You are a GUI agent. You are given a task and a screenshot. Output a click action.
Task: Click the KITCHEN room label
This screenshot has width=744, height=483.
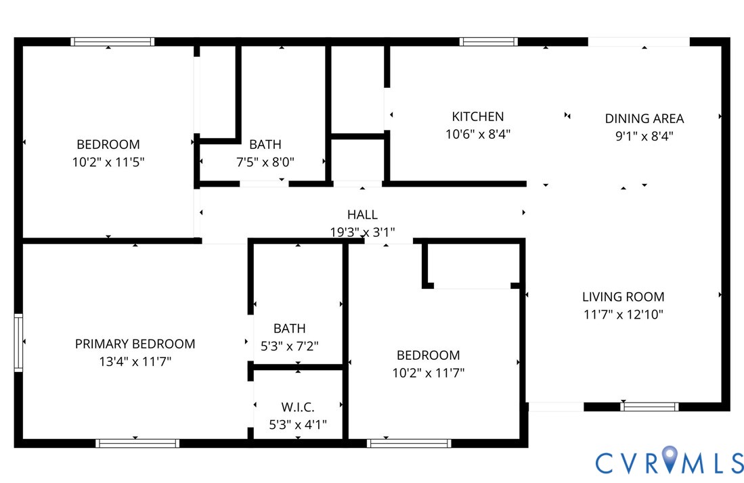point(477,116)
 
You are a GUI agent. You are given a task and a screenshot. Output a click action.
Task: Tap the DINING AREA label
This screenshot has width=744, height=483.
point(644,118)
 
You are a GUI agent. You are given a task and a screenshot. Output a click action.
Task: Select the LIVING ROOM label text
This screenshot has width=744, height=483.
point(623,296)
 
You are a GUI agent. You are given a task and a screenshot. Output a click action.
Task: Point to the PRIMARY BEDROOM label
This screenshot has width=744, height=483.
point(135,344)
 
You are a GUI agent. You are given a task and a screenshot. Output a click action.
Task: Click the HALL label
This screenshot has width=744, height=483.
point(362,214)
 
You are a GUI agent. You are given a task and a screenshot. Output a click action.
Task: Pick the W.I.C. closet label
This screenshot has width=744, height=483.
point(298,407)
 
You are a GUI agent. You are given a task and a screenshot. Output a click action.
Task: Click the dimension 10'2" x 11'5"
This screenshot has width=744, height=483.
point(108,162)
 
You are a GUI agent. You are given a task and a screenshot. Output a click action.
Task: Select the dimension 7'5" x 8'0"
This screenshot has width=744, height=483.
point(265,162)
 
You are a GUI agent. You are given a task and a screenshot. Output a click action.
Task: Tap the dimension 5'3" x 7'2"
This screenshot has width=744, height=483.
point(289,346)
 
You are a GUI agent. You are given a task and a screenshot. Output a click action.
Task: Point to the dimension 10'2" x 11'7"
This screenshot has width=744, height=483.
point(428,372)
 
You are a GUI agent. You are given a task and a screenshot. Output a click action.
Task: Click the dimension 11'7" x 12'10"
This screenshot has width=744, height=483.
point(623,314)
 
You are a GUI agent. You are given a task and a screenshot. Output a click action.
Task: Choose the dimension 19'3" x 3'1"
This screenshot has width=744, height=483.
point(362,232)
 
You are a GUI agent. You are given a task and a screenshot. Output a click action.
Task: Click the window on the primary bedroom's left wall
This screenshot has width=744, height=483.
point(18,343)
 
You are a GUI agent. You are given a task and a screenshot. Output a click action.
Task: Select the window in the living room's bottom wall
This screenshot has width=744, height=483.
point(649,407)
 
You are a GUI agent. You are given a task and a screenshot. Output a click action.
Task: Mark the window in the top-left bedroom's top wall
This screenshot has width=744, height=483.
point(112,42)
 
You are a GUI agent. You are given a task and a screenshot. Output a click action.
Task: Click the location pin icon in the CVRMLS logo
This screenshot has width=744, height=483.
point(670,461)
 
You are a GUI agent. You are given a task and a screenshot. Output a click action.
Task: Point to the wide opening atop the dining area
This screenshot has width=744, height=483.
point(638,42)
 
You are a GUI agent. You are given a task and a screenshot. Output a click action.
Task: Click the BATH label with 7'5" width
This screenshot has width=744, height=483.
point(265,144)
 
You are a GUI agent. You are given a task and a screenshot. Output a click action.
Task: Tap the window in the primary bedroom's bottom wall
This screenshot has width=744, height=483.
point(137,443)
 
